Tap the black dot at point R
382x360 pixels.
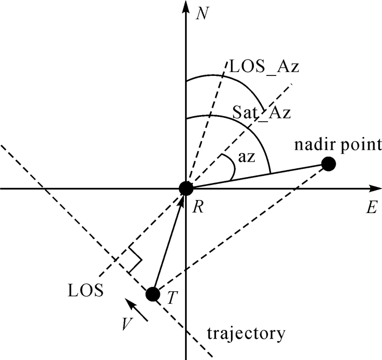pyautogui.click(x=186, y=188)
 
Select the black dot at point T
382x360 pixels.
pyautogui.click(x=153, y=294)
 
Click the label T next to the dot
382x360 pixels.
pyautogui.click(x=172, y=298)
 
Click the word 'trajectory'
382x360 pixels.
pyautogui.click(x=246, y=333)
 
